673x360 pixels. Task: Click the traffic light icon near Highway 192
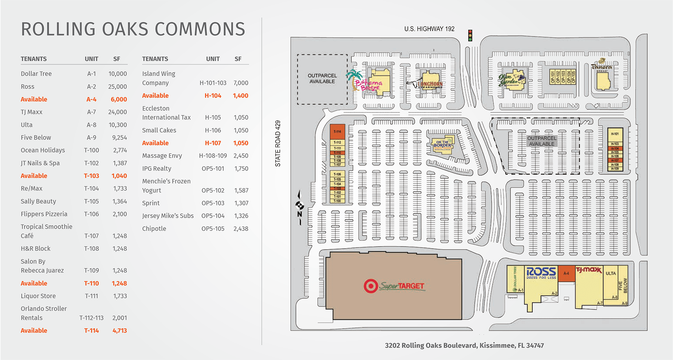coord(470,35)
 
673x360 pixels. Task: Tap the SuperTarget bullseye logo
coord(371,286)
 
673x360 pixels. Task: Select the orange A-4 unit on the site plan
coord(566,273)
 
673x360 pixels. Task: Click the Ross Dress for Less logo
coord(541,273)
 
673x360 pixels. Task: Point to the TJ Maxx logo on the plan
coord(588,270)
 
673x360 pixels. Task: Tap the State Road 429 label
coord(278,143)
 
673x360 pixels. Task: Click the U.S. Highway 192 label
coord(429,29)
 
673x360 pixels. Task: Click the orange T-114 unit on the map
coord(337,132)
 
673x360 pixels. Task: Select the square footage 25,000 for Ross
coord(117,87)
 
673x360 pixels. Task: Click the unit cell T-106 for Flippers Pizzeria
coord(91,214)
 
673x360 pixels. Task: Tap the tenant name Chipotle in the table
coord(154,229)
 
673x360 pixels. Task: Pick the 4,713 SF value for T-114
coord(119,331)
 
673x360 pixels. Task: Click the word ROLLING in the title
coord(58,29)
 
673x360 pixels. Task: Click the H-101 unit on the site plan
coord(615,134)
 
